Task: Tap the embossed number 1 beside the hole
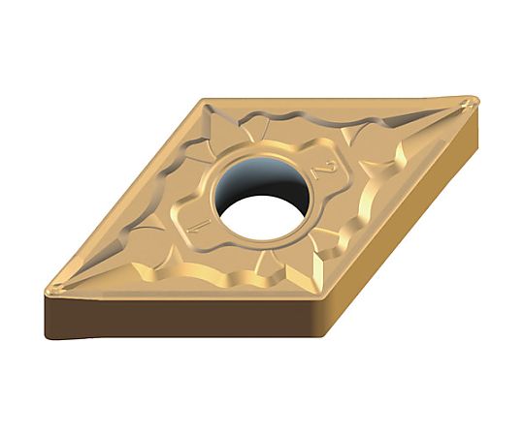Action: [200, 226]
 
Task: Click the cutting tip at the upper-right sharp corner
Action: [474, 102]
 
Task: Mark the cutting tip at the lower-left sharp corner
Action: [53, 290]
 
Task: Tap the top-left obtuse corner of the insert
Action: [202, 100]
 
